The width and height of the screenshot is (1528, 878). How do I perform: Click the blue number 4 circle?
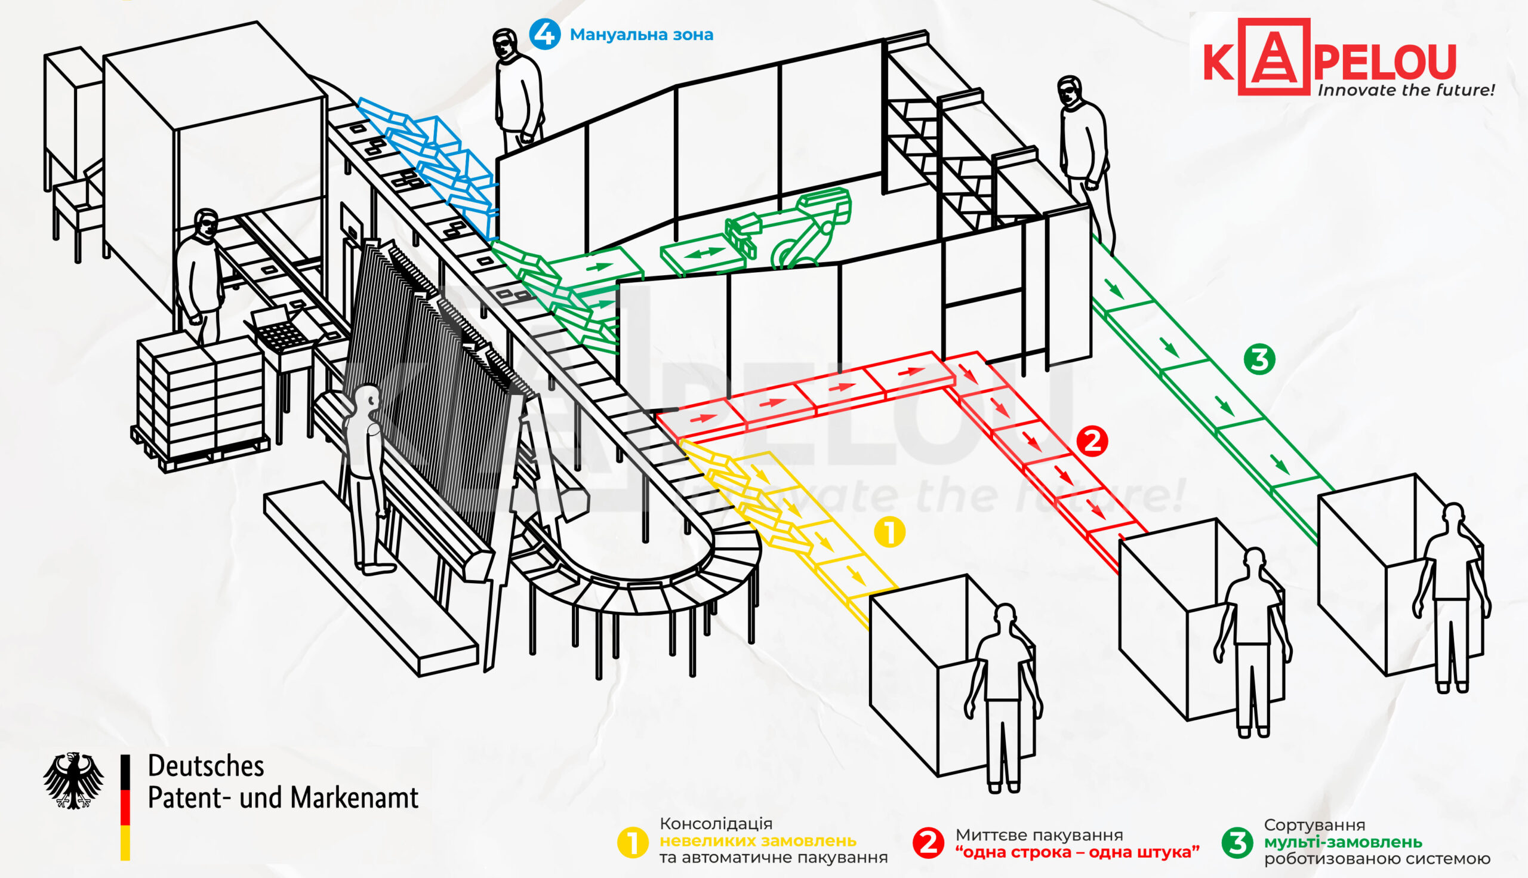pyautogui.click(x=544, y=35)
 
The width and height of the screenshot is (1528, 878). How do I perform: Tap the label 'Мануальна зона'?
pyautogui.click(x=642, y=35)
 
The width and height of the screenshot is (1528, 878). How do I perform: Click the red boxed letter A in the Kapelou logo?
pyautogui.click(x=1274, y=57)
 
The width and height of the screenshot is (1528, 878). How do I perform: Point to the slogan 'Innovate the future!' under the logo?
pyautogui.click(x=1406, y=91)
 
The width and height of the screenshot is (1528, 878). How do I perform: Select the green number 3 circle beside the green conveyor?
pyautogui.click(x=1259, y=359)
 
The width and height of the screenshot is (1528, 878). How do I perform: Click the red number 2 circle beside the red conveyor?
pyautogui.click(x=1092, y=442)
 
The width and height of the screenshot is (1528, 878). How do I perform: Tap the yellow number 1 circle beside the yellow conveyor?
pyautogui.click(x=889, y=532)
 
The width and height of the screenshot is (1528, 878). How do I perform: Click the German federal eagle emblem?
pyautogui.click(x=73, y=780)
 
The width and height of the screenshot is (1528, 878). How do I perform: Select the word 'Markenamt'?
pyautogui.click(x=355, y=798)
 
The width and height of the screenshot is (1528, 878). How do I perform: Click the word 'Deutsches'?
pyautogui.click(x=207, y=766)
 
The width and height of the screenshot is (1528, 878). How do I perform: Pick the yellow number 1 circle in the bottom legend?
pyautogui.click(x=633, y=843)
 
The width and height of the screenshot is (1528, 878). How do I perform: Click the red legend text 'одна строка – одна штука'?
pyautogui.click(x=1077, y=852)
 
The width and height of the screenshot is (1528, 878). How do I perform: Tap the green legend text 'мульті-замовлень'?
pyautogui.click(x=1343, y=842)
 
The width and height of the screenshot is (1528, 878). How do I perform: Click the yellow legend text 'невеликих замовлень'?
pyautogui.click(x=758, y=840)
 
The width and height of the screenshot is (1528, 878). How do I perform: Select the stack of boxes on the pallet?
pyautogui.click(x=201, y=398)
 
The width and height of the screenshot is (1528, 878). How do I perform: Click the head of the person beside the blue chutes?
pyautogui.click(x=506, y=44)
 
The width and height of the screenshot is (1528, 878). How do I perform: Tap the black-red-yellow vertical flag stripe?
pyautogui.click(x=125, y=807)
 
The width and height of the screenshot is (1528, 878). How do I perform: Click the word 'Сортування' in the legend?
pyautogui.click(x=1314, y=825)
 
